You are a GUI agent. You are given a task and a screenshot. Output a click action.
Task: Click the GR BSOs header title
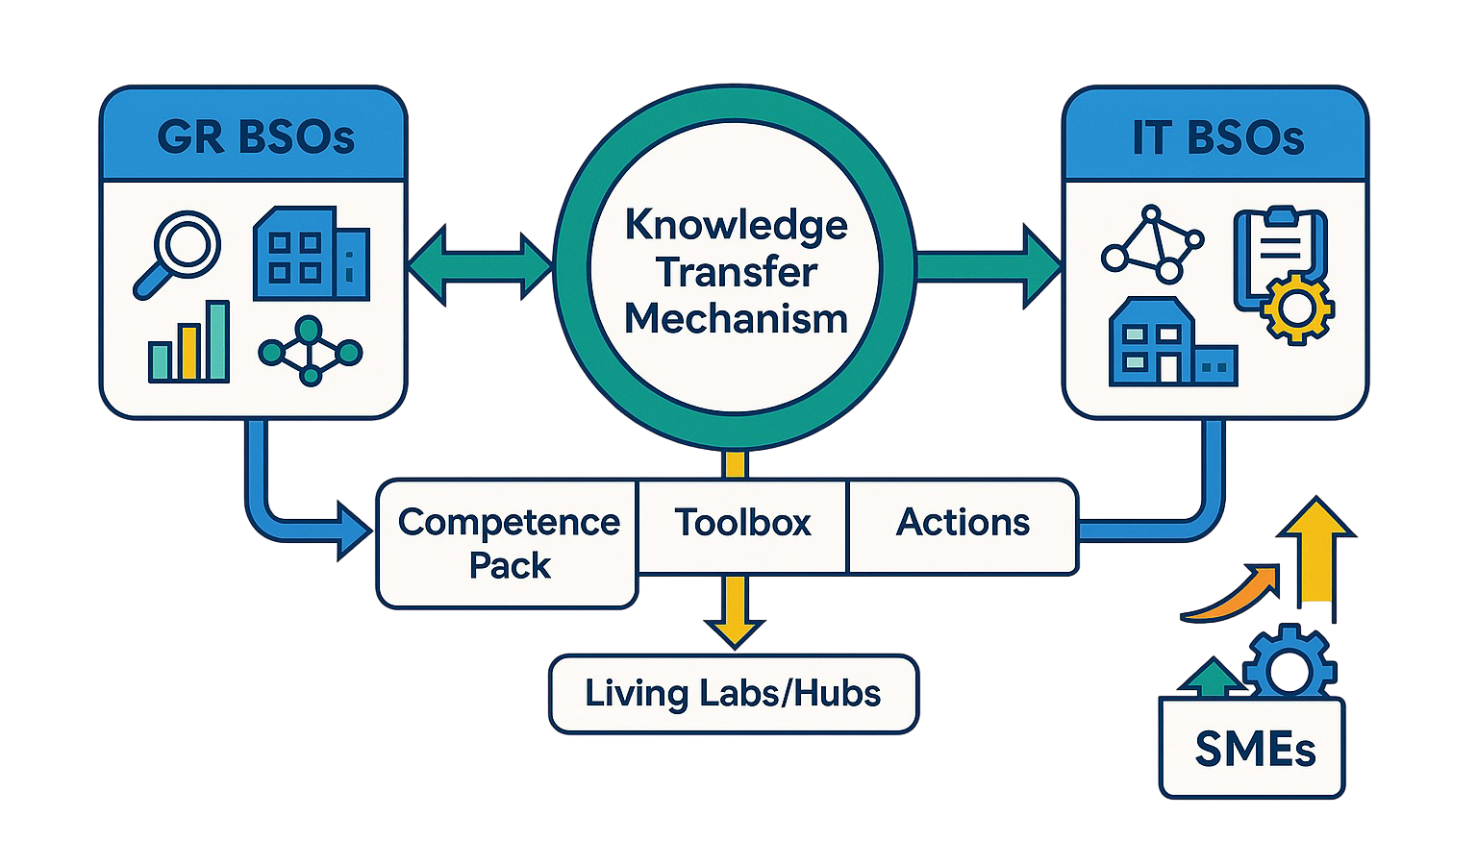tap(256, 137)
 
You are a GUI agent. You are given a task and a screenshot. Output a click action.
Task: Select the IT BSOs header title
tap(1217, 137)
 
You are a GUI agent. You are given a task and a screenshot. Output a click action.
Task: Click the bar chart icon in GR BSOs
tap(189, 343)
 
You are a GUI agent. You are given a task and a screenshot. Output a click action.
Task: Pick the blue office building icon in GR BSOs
tap(310, 254)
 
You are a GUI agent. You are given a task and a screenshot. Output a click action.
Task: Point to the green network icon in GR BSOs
tap(310, 352)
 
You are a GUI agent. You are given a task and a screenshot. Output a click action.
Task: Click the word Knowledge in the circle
tap(737, 226)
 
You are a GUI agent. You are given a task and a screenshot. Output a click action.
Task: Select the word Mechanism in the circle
tap(737, 319)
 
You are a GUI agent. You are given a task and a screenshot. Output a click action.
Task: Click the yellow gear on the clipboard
tap(1296, 309)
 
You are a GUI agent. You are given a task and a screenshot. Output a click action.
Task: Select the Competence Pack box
tap(509, 543)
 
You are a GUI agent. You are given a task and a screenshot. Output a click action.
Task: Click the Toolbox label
tap(742, 523)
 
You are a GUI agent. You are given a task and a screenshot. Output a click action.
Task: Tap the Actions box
tap(963, 523)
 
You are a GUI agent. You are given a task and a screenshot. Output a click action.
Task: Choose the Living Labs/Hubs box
tap(733, 694)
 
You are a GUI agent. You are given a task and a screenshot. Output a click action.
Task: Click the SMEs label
tap(1254, 749)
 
